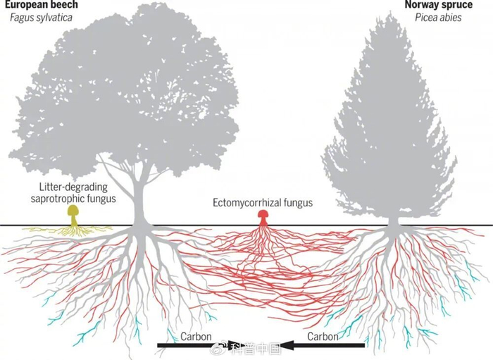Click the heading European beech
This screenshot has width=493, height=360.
pyautogui.click(x=41, y=4)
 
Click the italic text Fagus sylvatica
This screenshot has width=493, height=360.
pyautogui.click(x=41, y=18)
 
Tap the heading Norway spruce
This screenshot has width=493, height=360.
pyautogui.click(x=438, y=4)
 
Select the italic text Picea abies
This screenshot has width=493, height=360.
pyautogui.click(x=438, y=18)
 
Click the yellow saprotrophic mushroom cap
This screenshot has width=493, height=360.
pyautogui.click(x=73, y=210)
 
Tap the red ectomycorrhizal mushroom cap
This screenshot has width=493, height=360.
pyautogui.click(x=263, y=213)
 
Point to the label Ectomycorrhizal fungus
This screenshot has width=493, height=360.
pyautogui.click(x=263, y=202)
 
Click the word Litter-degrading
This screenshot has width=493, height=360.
pyautogui.click(x=73, y=187)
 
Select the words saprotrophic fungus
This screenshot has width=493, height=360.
pyautogui.click(x=73, y=199)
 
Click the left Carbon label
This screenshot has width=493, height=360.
pyautogui.click(x=196, y=337)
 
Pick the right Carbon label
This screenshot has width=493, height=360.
pyautogui.click(x=323, y=337)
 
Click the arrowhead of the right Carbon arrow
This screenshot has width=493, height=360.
pyautogui.click(x=287, y=345)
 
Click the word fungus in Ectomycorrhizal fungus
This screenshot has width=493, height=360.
pyautogui.click(x=299, y=203)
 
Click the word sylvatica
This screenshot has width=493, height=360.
pyautogui.click(x=55, y=18)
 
